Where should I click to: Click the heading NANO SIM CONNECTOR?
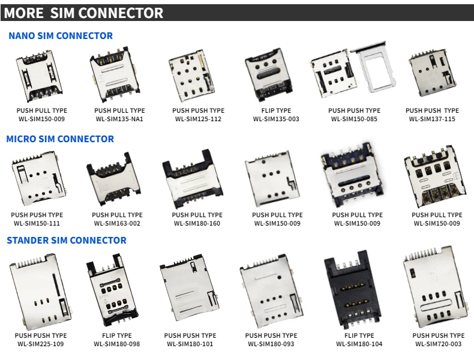tap(61, 36)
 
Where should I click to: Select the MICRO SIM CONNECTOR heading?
tap(60, 139)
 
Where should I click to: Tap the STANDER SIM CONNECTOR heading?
tap(67, 241)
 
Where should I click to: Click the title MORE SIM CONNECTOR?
tap(83, 13)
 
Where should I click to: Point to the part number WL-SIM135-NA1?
tap(119, 119)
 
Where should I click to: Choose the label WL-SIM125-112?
tap(198, 119)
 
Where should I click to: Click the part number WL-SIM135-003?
tap(276, 119)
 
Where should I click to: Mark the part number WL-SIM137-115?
tap(432, 119)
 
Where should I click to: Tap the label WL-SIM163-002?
tap(117, 224)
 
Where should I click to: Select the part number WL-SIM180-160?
tap(197, 224)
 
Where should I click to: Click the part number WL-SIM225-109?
tap(41, 344)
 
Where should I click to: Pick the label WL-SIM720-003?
tap(438, 344)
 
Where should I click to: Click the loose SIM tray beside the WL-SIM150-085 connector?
tap(376, 70)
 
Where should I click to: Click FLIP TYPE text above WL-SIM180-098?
tap(116, 335)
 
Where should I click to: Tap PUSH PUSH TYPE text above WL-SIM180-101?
tap(190, 335)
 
